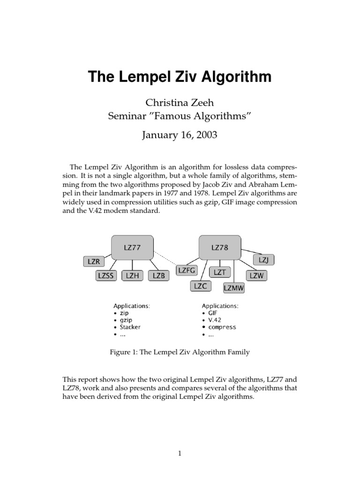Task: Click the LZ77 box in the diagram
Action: pyautogui.click(x=132, y=247)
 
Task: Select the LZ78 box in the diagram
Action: pyautogui.click(x=220, y=247)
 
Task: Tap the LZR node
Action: pyautogui.click(x=94, y=262)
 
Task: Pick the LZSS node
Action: pyautogui.click(x=105, y=276)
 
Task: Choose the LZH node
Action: pyautogui.click(x=132, y=276)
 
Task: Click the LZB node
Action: pyautogui.click(x=159, y=276)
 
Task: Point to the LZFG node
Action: pyautogui.click(x=187, y=270)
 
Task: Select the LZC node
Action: pyautogui.click(x=201, y=285)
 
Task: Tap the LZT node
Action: pyautogui.click(x=220, y=272)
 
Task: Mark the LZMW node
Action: pyautogui.click(x=234, y=288)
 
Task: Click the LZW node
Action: pyautogui.click(x=256, y=276)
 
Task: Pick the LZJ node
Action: pyautogui.click(x=264, y=259)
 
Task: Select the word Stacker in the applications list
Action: pyautogui.click(x=130, y=327)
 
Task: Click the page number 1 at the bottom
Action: pyautogui.click(x=180, y=453)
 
